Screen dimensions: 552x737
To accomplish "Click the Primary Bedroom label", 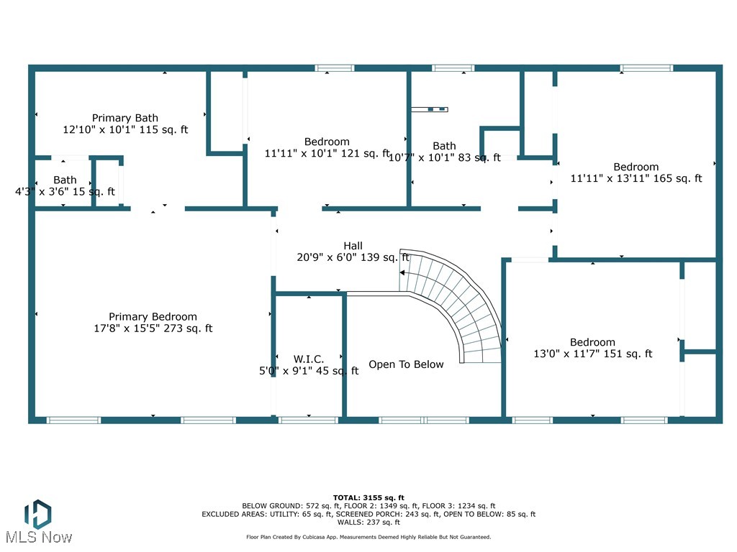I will coord(153,317).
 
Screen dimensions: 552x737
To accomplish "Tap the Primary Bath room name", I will coord(125,118).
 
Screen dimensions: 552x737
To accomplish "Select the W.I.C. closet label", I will coord(309,359).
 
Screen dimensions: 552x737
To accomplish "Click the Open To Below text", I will coord(406,364).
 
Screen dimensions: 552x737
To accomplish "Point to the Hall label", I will coord(353,245).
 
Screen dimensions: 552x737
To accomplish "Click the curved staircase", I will coord(461,302).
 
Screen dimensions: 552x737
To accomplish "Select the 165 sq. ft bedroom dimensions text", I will coord(636,178).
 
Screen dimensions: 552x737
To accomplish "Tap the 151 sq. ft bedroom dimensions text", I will coord(592,354).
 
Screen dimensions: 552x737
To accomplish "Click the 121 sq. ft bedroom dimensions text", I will coord(327,153).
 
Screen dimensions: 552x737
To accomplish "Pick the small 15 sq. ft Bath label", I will coord(65,180).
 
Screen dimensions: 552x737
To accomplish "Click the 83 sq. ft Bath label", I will coord(444,146).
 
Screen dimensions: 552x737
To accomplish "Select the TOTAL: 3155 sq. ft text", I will coord(368,497).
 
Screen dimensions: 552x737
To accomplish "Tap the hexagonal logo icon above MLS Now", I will coord(37,512).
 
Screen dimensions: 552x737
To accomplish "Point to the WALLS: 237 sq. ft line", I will coord(368,523).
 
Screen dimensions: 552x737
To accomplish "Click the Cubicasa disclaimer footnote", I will coord(368,537).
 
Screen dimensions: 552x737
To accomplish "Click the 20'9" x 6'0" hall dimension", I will coord(353,257).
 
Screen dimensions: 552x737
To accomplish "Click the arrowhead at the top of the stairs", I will coord(403,273).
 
